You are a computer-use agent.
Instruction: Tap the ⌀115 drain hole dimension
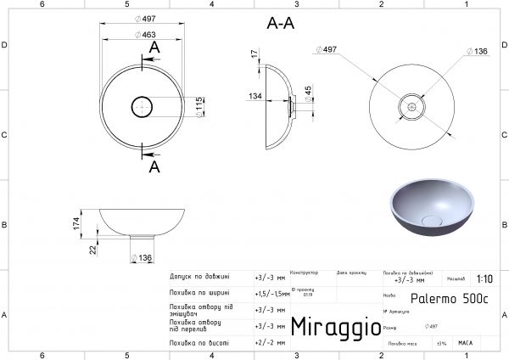(x=199, y=107)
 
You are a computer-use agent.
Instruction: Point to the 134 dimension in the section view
(x=255, y=97)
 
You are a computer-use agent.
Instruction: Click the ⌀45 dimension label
(x=309, y=91)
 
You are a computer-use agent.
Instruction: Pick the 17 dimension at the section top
(x=254, y=53)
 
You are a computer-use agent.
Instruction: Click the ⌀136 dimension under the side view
(x=143, y=258)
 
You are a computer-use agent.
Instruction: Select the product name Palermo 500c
(x=449, y=299)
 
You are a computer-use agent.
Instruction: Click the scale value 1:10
(x=484, y=278)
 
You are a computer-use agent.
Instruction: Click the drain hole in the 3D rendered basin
(x=432, y=221)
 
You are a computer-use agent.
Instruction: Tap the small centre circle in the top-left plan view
(x=141, y=107)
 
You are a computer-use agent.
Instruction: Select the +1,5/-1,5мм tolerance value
(x=271, y=292)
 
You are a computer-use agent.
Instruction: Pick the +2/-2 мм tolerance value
(x=271, y=343)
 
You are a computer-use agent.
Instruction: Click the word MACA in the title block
(x=465, y=343)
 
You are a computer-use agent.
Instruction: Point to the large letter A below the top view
(x=154, y=166)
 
